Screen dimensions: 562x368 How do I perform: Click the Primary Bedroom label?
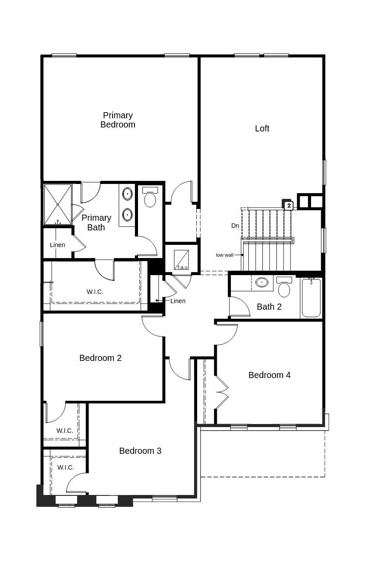point(117,120)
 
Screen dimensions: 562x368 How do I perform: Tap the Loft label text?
point(262,128)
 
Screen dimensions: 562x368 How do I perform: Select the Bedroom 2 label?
point(100,358)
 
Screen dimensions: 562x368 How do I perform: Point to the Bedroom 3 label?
point(140,451)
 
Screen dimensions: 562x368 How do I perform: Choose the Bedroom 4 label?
point(269,375)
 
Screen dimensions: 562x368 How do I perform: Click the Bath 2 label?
point(269,307)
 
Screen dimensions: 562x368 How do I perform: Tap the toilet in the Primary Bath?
point(150,198)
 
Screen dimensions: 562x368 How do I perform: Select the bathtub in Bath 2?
point(311,298)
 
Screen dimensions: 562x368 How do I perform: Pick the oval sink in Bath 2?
point(262,283)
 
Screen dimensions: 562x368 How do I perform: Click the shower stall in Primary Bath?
point(57,205)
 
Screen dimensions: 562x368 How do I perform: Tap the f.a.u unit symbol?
point(181,260)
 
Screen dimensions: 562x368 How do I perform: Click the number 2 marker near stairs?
point(288,205)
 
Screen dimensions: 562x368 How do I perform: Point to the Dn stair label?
point(235,226)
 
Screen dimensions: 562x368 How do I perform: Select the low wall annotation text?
point(224,255)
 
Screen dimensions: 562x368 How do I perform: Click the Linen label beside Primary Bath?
point(57,245)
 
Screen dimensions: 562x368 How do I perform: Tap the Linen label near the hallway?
point(178,301)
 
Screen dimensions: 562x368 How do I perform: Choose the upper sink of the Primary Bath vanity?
point(127,193)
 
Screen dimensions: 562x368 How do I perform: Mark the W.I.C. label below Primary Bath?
point(95,292)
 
